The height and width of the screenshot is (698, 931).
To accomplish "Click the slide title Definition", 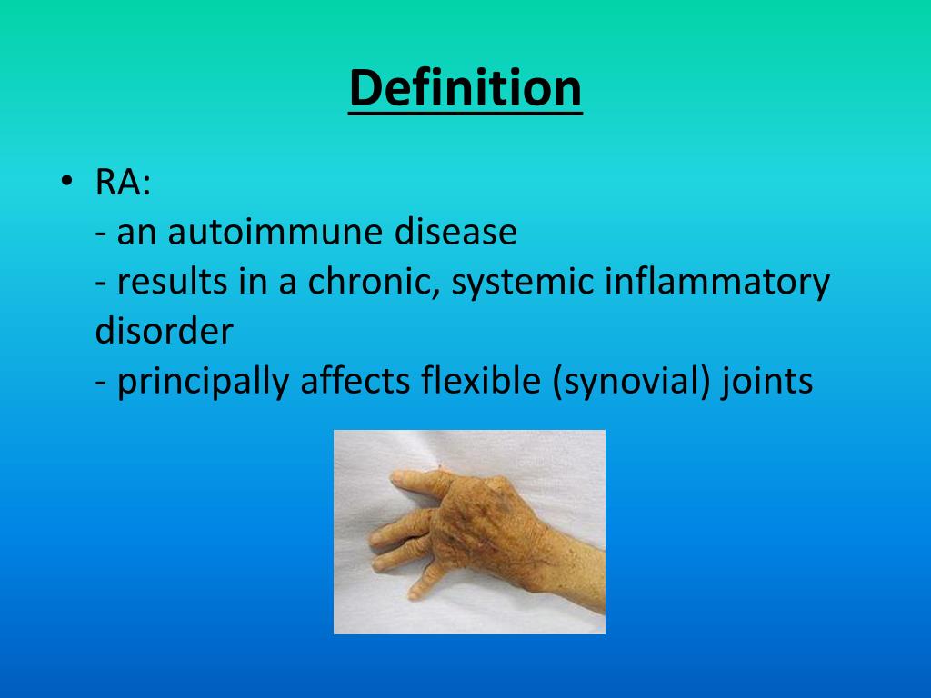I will [x=465, y=89].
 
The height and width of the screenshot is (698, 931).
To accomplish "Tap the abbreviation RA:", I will [x=124, y=184].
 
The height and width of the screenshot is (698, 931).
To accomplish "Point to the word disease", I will [x=455, y=234].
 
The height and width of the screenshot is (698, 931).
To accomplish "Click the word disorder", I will [x=164, y=332].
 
